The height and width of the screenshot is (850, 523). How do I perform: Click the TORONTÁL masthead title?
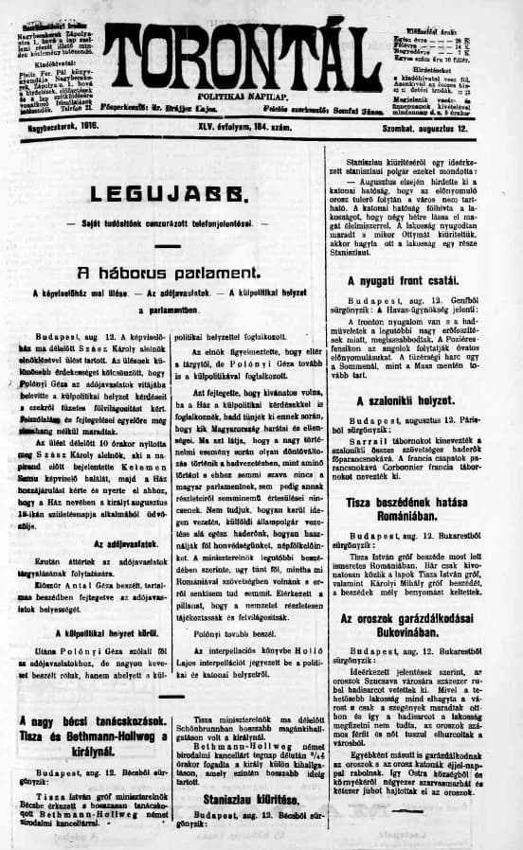pos(242,55)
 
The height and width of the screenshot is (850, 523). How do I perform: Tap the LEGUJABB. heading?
pos(168,196)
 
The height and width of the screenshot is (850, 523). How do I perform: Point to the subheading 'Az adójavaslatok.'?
pos(93,544)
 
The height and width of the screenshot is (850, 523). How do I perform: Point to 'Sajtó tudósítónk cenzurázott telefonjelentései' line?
pos(168,223)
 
